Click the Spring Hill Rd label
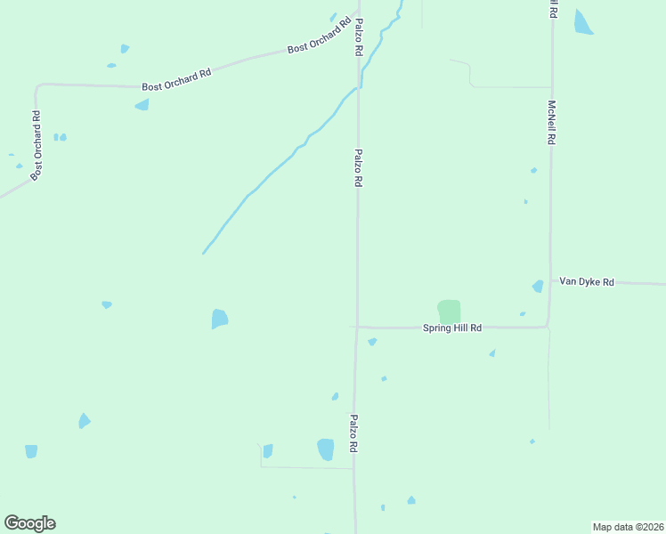(x=451, y=328)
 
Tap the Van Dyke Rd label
(x=587, y=282)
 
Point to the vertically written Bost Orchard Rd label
(x=37, y=146)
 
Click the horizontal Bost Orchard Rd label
(x=176, y=80)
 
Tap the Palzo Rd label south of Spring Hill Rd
(x=353, y=434)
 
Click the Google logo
(x=29, y=523)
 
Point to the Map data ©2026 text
(x=628, y=527)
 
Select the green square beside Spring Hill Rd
(x=450, y=311)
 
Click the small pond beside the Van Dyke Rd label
(x=538, y=286)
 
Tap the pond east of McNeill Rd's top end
(x=583, y=22)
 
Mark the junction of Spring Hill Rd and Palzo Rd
(x=357, y=327)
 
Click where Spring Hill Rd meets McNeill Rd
(x=548, y=327)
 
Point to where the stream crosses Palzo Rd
(x=359, y=86)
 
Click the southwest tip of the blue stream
(x=204, y=253)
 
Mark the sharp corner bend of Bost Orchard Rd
(x=37, y=86)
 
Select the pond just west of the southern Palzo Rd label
(x=326, y=449)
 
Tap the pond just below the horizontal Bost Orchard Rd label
(x=142, y=105)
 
